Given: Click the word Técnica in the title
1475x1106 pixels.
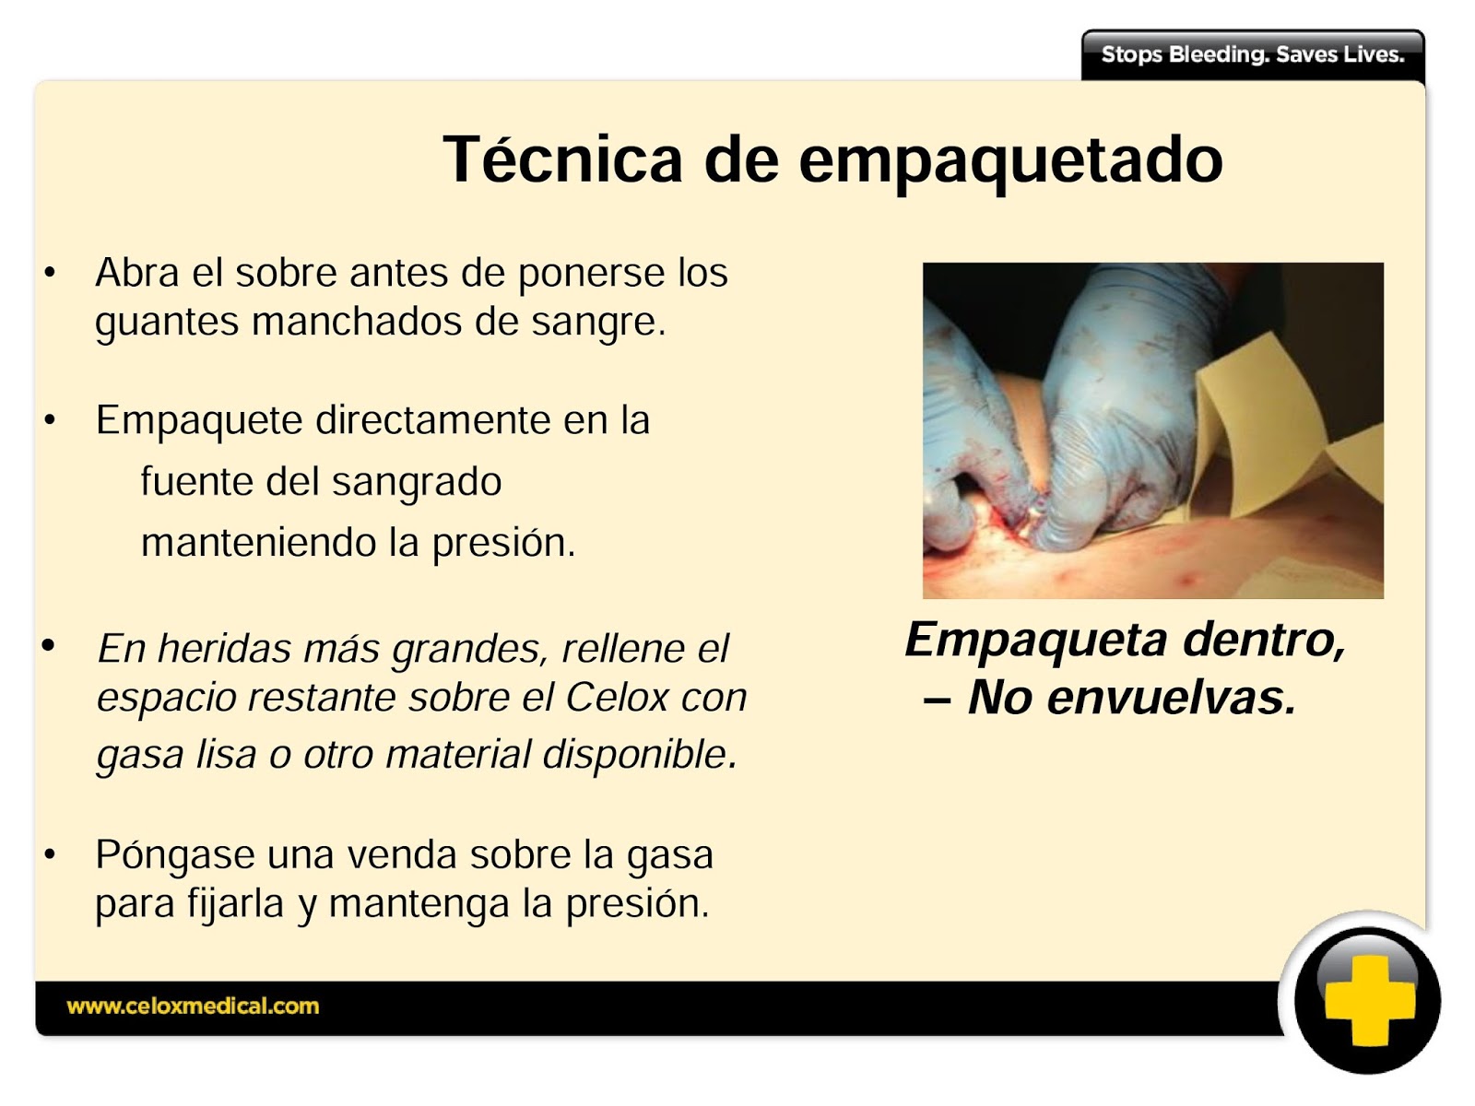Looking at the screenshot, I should [562, 159].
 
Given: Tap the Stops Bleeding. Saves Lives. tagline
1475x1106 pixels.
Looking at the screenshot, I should [1252, 54].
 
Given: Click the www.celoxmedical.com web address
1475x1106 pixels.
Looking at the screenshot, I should [193, 1006].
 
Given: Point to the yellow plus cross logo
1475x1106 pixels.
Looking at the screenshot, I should [1368, 1001].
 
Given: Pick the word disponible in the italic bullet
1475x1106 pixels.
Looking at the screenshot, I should [639, 755].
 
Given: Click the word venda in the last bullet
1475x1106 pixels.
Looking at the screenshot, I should [402, 855].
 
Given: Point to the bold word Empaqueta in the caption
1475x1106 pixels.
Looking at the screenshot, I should [1035, 640].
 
